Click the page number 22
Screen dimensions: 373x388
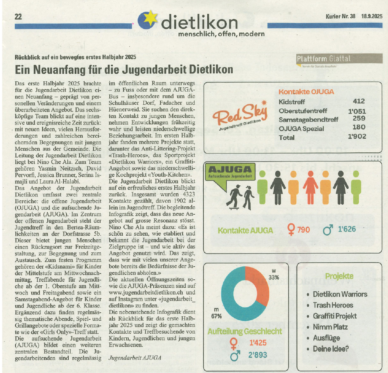[18, 16]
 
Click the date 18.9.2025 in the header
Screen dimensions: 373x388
[372, 16]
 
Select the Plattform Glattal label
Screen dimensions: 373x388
[324, 59]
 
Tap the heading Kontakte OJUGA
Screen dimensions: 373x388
[306, 92]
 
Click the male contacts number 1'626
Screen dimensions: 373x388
[347, 229]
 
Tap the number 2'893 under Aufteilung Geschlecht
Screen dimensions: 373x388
[258, 355]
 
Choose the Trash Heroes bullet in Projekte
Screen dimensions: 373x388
[333, 305]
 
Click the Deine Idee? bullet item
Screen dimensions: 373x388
[331, 349]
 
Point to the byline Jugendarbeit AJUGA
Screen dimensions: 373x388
[135, 357]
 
